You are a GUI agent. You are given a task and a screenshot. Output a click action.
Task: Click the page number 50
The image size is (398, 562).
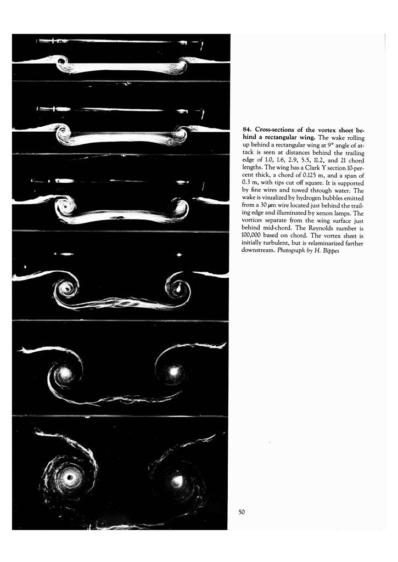pyautogui.click(x=242, y=512)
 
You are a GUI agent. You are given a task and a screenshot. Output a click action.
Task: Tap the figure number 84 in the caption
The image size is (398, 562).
pyautogui.click(x=246, y=130)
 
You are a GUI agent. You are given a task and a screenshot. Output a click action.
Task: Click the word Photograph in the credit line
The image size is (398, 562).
pyautogui.click(x=291, y=250)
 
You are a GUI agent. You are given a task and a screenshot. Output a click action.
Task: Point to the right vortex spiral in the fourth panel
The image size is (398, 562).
pyautogui.click(x=178, y=286)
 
